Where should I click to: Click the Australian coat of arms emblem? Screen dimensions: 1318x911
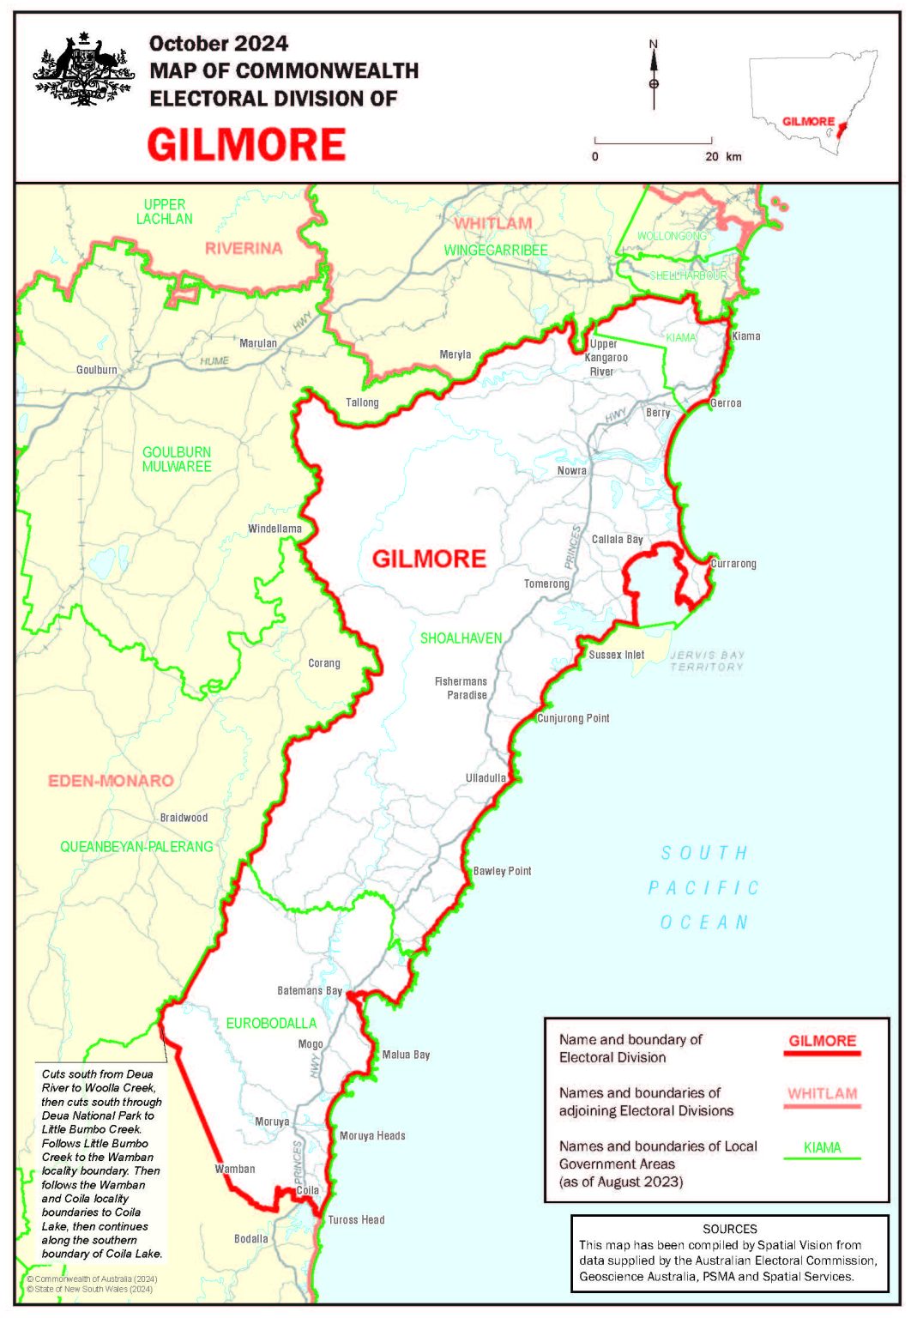pos(83,70)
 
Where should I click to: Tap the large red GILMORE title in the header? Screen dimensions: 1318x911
pos(246,144)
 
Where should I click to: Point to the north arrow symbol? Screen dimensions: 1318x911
pos(654,75)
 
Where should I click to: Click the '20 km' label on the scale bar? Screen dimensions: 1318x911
pos(722,157)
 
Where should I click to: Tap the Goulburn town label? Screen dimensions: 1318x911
pos(96,370)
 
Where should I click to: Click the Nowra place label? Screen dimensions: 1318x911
pos(571,470)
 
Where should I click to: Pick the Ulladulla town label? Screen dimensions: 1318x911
pos(486,778)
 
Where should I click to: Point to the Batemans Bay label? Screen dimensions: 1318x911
pos(309,990)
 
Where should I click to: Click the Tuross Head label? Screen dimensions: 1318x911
pos(356,1219)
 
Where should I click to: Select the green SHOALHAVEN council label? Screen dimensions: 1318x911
pos(461,638)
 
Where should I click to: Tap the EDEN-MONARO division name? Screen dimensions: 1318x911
pos(111,781)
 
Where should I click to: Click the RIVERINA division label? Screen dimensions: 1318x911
pos(244,249)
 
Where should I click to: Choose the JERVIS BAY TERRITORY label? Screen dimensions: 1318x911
pos(707,661)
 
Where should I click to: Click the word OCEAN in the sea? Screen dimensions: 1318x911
pos(704,922)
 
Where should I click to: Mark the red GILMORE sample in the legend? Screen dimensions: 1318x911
pos(822,1041)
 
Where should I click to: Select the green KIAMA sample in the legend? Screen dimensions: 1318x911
pos(822,1147)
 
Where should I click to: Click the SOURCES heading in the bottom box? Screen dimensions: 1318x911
pos(729,1229)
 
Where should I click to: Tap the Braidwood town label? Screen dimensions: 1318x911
pos(184,818)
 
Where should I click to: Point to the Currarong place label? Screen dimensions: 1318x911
pos(733,564)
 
